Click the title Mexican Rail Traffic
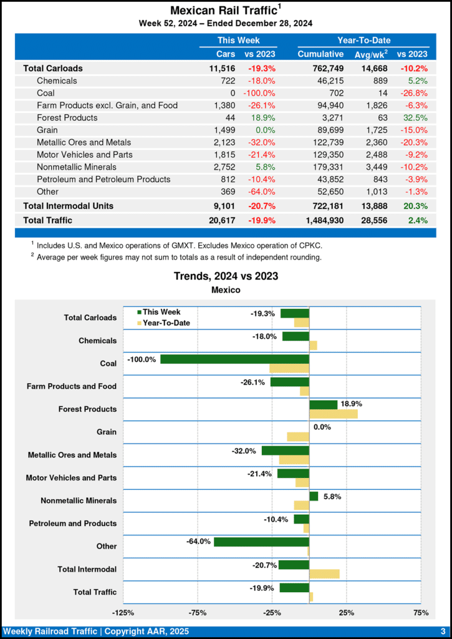(223, 11)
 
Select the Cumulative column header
(320, 54)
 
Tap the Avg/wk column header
(371, 54)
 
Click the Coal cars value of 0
(233, 93)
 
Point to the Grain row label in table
(49, 130)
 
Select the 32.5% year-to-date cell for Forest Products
(415, 117)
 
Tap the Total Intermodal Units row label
(68, 205)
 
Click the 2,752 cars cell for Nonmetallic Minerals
(224, 167)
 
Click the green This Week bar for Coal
(234, 359)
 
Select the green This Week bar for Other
(261, 542)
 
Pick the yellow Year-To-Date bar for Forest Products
(334, 414)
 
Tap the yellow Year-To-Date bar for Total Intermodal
(324, 574)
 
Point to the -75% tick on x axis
(198, 613)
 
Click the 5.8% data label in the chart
(332, 497)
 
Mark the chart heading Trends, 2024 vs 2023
(226, 276)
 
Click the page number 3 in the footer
(443, 632)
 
